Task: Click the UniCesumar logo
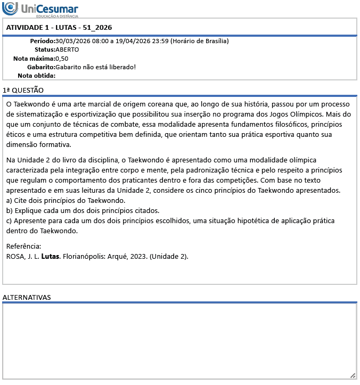[40, 9]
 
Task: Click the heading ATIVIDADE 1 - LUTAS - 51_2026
[59, 28]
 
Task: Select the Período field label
[42, 41]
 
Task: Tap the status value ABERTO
[67, 50]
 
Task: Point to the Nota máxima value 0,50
[62, 59]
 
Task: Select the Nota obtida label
[36, 76]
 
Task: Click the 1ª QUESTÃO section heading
[23, 91]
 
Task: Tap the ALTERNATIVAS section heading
[27, 297]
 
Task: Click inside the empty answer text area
[179, 341]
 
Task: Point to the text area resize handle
[353, 375]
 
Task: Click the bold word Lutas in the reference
[50, 256]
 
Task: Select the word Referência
[23, 246]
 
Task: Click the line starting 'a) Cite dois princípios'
[66, 201]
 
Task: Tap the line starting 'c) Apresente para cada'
[160, 221]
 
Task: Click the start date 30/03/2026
[73, 41]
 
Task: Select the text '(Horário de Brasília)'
[200, 41]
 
